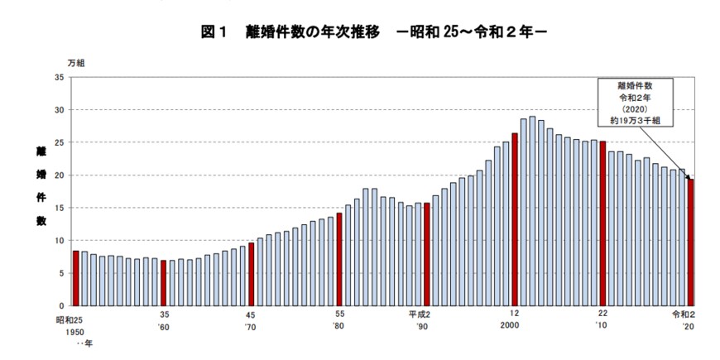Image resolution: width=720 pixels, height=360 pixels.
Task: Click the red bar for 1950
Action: point(76,278)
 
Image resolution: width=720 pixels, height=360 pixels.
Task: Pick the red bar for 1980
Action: point(339,260)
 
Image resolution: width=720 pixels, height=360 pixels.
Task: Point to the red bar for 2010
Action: point(602,223)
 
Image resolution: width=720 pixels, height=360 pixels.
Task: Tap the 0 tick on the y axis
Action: point(60,306)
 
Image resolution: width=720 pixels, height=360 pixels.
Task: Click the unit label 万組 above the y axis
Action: point(76,62)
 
